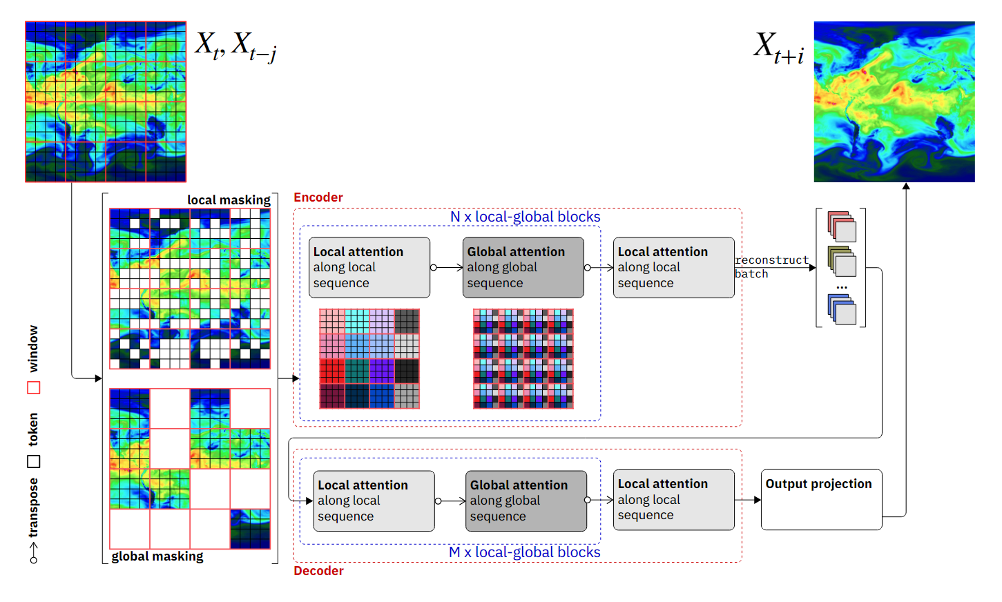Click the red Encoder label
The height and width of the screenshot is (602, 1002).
(x=318, y=197)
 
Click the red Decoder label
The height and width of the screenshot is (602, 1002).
(x=318, y=571)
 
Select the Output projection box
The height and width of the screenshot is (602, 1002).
(x=821, y=500)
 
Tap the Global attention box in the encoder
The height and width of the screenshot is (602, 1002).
(x=523, y=268)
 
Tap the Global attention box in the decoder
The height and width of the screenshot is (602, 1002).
(x=526, y=501)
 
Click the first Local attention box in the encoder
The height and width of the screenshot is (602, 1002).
(x=369, y=268)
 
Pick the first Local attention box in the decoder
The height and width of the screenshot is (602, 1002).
(x=374, y=501)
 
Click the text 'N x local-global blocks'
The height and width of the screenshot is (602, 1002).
(x=525, y=217)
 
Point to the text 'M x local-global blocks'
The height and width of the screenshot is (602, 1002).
(x=524, y=552)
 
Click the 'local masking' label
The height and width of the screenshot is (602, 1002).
(x=229, y=200)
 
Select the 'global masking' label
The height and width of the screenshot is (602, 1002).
(x=157, y=556)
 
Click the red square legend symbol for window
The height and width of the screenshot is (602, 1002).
(x=34, y=388)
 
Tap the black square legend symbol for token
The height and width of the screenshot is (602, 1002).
(x=34, y=461)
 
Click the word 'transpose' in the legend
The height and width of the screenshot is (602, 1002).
(x=33, y=507)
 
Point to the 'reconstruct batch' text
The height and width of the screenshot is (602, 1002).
(x=770, y=266)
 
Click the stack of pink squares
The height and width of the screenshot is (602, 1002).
(x=841, y=226)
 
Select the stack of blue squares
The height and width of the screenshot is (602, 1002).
(x=841, y=309)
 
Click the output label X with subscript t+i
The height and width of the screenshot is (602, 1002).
(x=778, y=48)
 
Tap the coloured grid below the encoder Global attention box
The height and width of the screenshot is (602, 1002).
(x=523, y=359)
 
